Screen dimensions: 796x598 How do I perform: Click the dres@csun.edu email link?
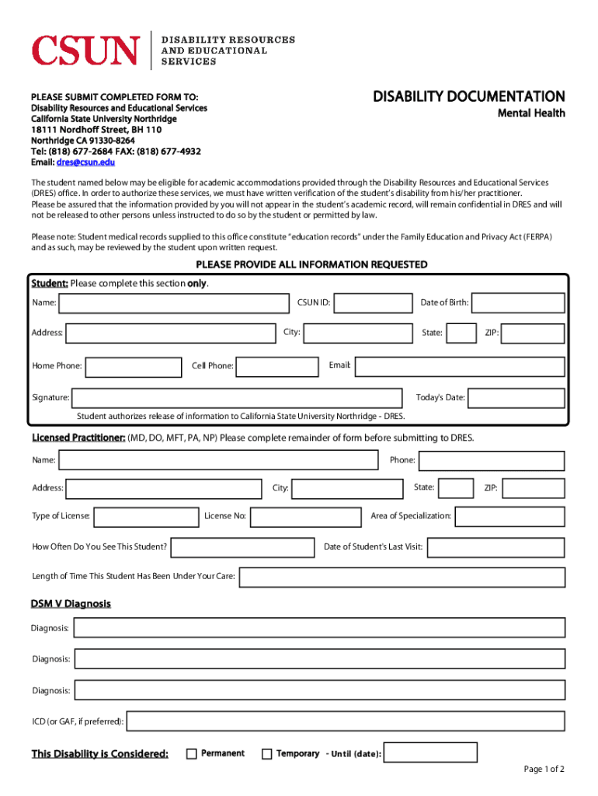pos(85,162)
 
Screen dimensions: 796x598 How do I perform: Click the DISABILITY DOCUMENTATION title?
pos(468,96)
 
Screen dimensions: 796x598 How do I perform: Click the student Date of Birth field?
pos(518,302)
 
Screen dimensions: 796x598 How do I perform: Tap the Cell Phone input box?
pos(277,366)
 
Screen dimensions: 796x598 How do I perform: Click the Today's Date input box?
pos(516,398)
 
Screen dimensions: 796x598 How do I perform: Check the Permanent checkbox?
pos(192,753)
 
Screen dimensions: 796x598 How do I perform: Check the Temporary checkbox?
pos(267,753)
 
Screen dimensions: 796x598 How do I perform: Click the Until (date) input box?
pos(431,753)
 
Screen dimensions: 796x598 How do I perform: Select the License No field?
pos(305,516)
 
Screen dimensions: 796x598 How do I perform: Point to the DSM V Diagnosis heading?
pos(71,604)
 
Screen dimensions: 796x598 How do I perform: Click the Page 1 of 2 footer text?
pos(544,770)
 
